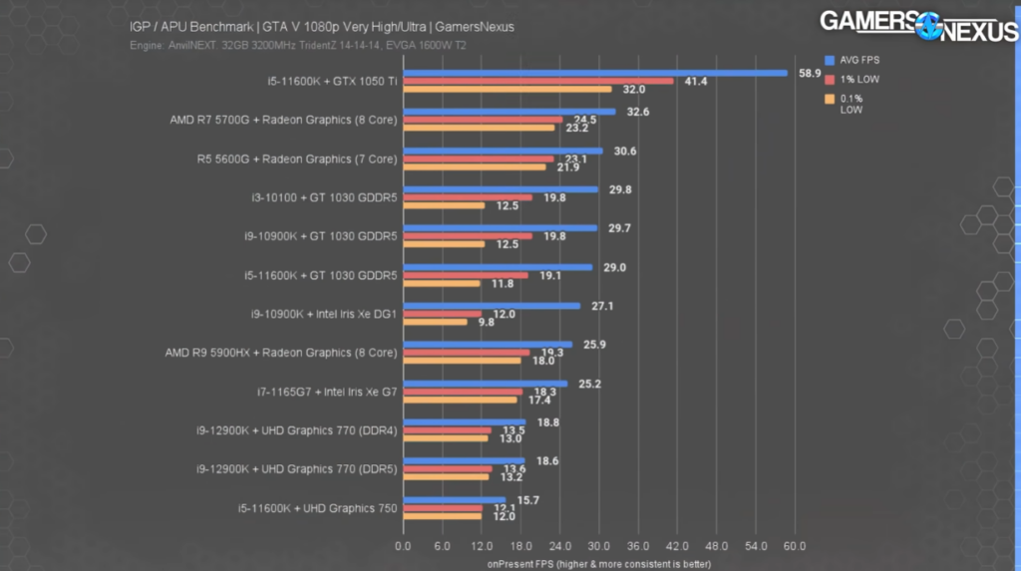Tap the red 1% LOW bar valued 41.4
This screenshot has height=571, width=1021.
click(538, 81)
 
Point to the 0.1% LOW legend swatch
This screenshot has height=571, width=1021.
click(829, 98)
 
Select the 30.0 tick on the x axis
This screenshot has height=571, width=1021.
click(599, 547)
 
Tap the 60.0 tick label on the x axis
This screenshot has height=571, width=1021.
click(795, 547)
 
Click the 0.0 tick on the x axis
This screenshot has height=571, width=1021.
click(403, 547)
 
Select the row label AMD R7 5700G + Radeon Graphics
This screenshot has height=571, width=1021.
click(284, 120)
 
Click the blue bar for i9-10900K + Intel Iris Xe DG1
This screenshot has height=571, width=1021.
click(492, 306)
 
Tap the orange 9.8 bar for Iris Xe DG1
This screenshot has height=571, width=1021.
click(435, 322)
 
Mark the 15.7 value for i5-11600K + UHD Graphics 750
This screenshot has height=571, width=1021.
click(528, 500)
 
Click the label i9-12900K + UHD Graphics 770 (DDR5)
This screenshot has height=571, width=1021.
click(296, 469)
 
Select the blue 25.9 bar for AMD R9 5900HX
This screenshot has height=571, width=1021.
click(488, 345)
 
